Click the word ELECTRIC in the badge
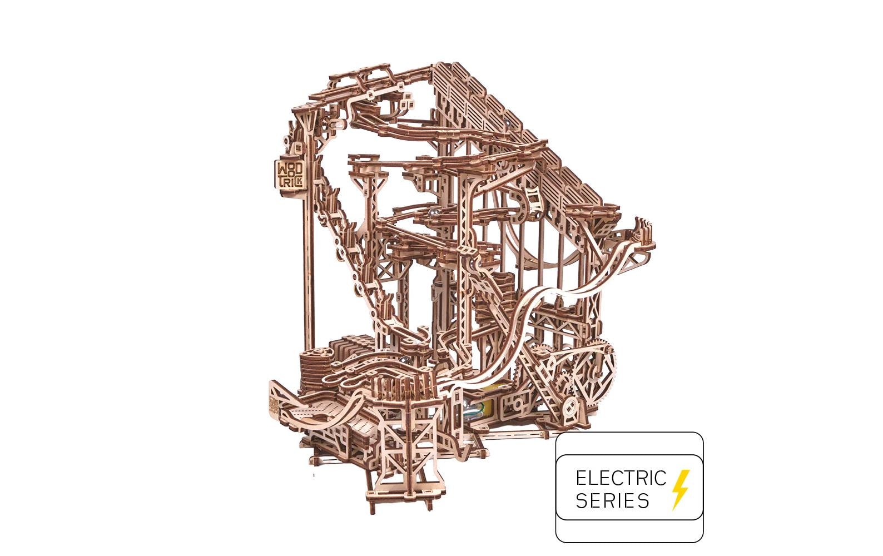(621, 478)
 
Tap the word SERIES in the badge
(612, 500)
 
